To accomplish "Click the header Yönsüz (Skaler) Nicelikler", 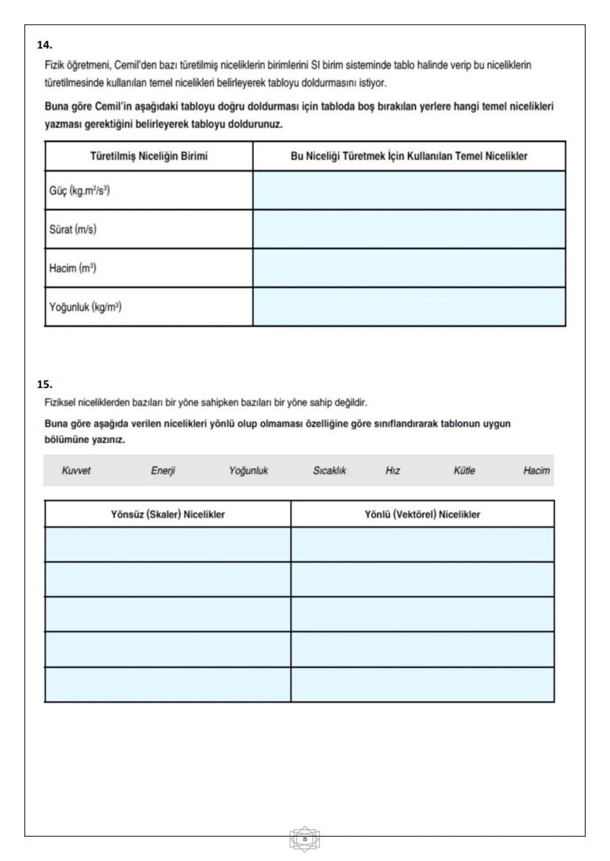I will pyautogui.click(x=167, y=514).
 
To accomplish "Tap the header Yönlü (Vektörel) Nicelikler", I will pyautogui.click(x=422, y=514).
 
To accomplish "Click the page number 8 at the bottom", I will pyautogui.click(x=305, y=837).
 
